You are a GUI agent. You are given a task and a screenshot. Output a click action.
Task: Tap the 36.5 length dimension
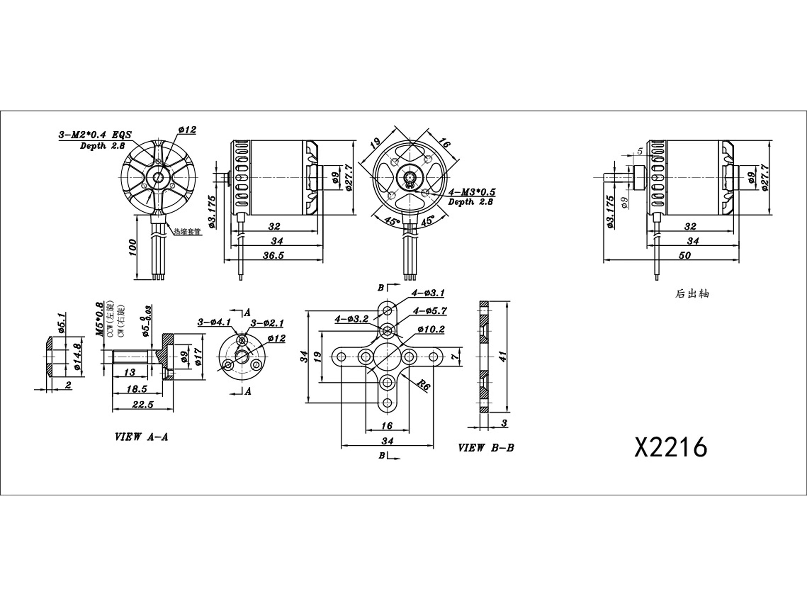(x=273, y=255)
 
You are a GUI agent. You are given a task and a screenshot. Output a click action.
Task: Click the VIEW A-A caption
(x=141, y=437)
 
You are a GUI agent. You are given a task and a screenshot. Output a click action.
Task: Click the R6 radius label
(x=423, y=385)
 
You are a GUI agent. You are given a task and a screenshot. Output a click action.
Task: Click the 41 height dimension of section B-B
(x=503, y=356)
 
